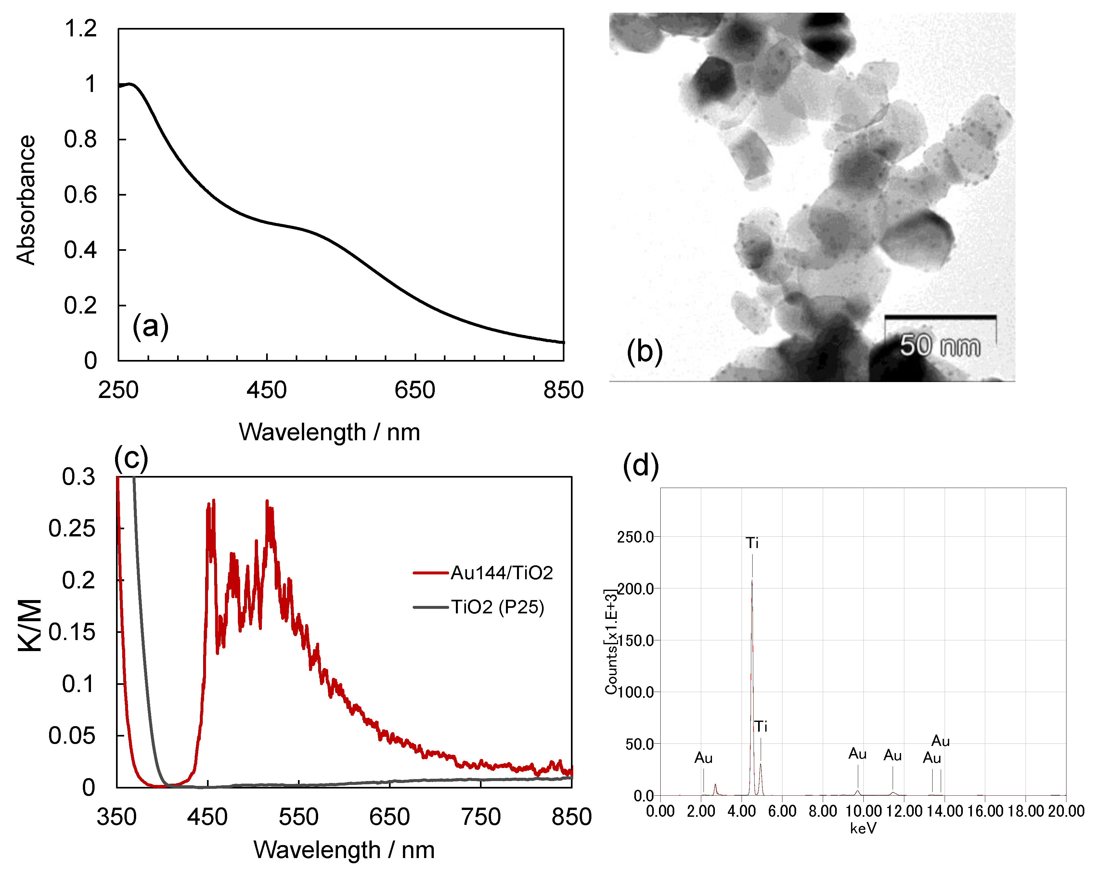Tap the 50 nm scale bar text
[x=940, y=346]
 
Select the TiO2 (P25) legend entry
[x=497, y=607]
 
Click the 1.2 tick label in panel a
[x=81, y=29]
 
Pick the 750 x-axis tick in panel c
[x=480, y=817]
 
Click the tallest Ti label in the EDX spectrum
[x=752, y=543]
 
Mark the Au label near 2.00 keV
[x=703, y=758]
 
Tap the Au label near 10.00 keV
[x=858, y=754]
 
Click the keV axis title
[x=863, y=829]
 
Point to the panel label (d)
[x=641, y=466]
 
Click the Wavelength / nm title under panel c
[x=344, y=850]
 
